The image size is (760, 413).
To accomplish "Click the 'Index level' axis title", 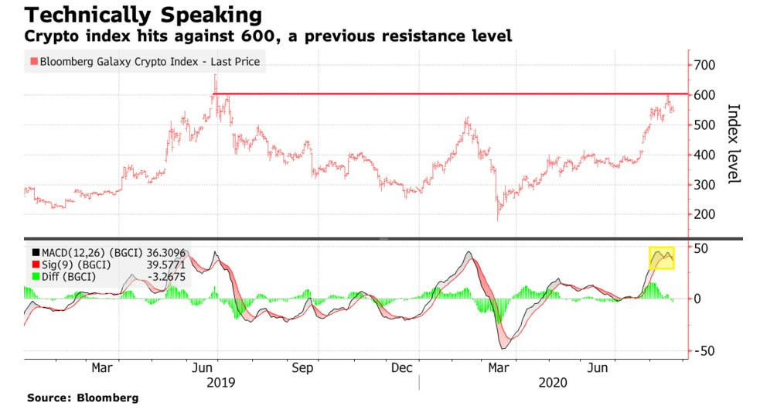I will click(x=735, y=144).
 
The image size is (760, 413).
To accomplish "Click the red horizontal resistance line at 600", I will click(x=448, y=94).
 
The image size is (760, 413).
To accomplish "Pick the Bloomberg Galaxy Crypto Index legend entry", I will click(x=145, y=62).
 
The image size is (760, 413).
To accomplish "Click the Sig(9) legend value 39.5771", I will click(x=165, y=265).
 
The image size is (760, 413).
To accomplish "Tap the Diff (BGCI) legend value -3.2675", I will click(x=165, y=278).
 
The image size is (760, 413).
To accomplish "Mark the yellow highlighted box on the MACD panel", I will click(x=661, y=258).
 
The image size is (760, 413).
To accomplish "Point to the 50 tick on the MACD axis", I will click(x=702, y=248).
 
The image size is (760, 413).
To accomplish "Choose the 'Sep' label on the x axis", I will click(x=302, y=368).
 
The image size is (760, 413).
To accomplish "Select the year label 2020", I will click(x=552, y=383).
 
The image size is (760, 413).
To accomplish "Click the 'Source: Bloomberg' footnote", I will click(x=83, y=398).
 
